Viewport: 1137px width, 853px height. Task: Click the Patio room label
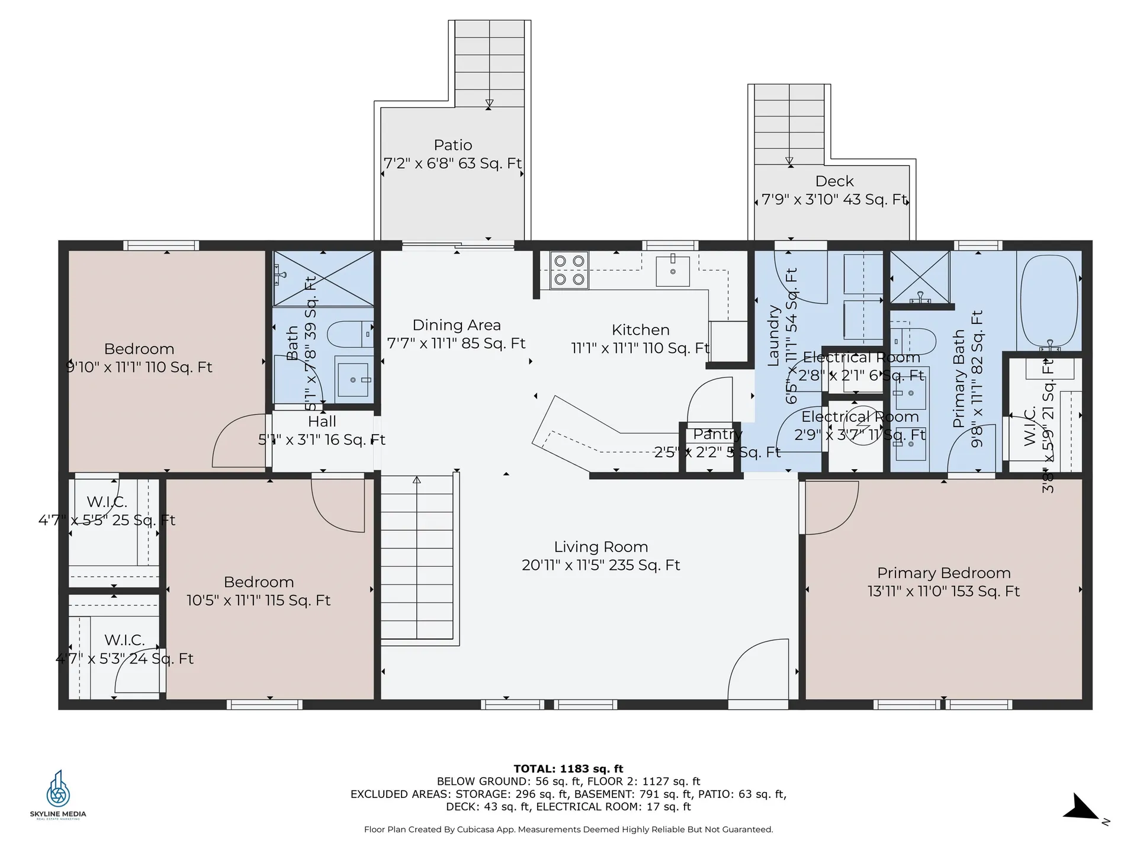(453, 145)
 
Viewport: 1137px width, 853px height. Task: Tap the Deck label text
(834, 181)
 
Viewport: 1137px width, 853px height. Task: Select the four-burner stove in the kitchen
(569, 270)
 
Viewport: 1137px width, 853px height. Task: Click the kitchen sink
(673, 271)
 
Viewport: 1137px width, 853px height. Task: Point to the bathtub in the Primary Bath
(1049, 302)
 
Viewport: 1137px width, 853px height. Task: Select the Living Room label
(600, 547)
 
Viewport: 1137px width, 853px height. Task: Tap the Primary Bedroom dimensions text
(943, 591)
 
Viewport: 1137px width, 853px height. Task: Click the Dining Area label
(456, 325)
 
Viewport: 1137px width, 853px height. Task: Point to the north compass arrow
(1084, 809)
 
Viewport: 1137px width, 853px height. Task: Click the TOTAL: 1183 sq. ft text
(568, 769)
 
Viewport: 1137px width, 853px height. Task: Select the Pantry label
(717, 434)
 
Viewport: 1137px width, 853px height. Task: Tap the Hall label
(322, 422)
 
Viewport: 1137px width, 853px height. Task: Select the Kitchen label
(640, 330)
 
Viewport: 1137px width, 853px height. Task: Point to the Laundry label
(773, 336)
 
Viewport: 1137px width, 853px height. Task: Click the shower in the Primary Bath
(920, 277)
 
